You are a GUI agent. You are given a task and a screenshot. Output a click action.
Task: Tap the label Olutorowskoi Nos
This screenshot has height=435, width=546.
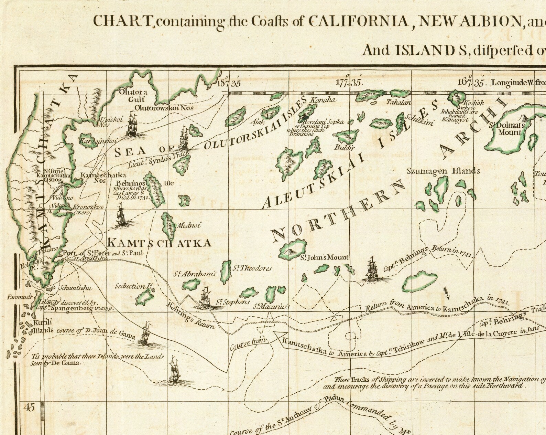pyautogui.click(x=164, y=108)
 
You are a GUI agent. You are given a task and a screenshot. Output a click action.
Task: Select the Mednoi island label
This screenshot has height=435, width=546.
pyautogui.click(x=188, y=226)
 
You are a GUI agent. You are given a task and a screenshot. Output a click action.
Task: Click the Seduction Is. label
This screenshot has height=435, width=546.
pyautogui.click(x=133, y=286)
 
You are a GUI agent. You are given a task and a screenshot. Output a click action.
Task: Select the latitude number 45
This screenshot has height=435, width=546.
pyautogui.click(x=30, y=408)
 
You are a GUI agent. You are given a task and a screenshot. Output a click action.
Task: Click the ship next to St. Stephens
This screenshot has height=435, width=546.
pyautogui.click(x=205, y=297)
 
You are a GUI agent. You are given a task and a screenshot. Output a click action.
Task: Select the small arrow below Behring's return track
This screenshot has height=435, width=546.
pyautogui.click(x=447, y=293)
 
